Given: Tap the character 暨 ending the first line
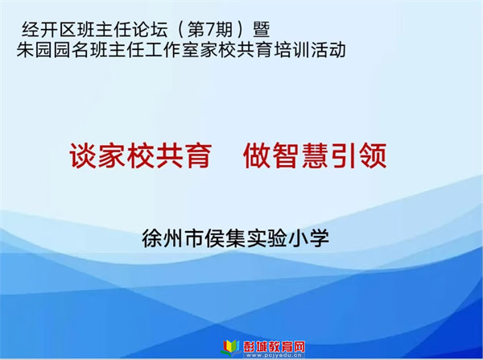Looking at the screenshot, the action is point(262,30).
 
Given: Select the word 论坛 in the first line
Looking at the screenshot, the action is point(151,30).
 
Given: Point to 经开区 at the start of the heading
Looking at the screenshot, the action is point(49,30).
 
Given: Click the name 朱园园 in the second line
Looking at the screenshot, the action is point(43,50).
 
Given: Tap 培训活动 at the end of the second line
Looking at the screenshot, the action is point(310,50).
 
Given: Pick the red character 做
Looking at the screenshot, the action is point(258,155).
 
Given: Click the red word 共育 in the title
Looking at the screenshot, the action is point(184,155).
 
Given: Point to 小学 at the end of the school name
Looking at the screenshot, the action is point(308,238).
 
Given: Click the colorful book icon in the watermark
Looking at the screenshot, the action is point(231,347).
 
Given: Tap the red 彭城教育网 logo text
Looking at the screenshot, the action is point(275,346).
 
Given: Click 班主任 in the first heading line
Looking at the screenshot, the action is point(105,30).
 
